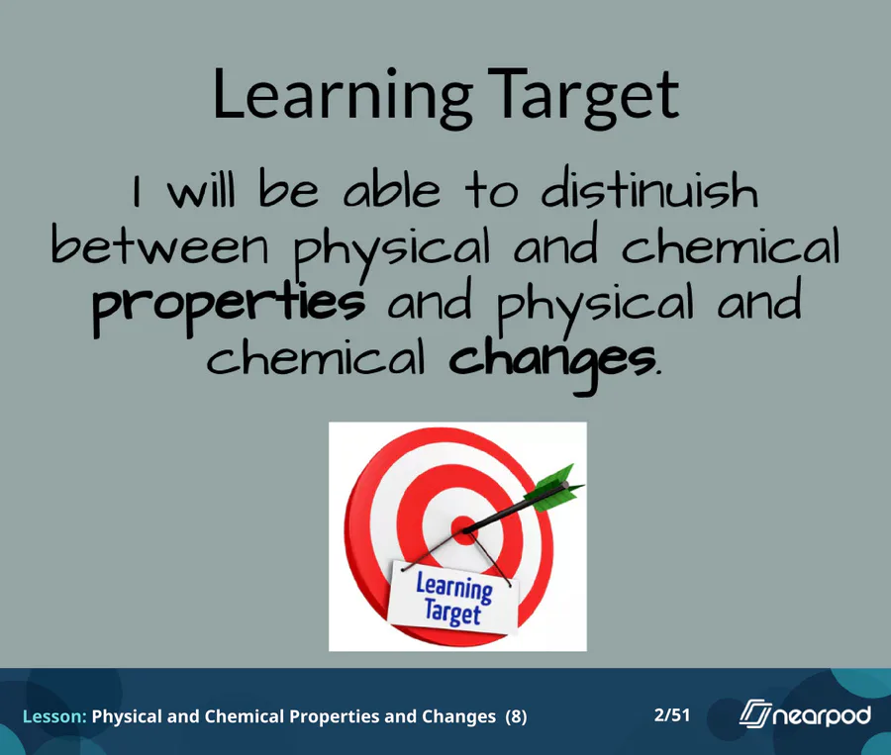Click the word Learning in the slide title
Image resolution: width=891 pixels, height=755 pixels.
(343, 95)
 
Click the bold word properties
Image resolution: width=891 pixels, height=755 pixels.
(229, 306)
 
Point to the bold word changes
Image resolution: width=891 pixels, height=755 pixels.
(552, 362)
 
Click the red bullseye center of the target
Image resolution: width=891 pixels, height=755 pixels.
(465, 530)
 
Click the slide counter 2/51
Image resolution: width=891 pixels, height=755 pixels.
(672, 714)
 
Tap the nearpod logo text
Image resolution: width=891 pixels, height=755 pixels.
(823, 715)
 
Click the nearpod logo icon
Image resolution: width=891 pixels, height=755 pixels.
(755, 713)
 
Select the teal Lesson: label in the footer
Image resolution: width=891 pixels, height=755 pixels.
(54, 716)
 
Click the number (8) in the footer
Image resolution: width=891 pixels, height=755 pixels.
(516, 717)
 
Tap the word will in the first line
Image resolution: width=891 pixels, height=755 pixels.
(201, 190)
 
